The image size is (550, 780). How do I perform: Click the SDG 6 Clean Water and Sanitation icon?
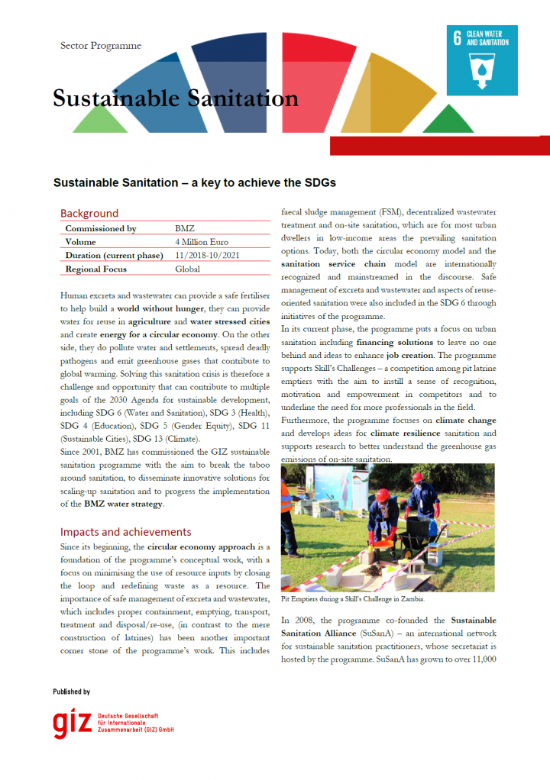tap(482, 59)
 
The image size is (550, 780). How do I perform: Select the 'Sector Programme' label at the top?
tap(101, 46)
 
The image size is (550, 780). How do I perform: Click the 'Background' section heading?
tap(89, 213)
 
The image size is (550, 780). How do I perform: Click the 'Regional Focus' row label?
tap(96, 269)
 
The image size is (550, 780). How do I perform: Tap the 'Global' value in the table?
tap(187, 269)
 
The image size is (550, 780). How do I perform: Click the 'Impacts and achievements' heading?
tap(126, 532)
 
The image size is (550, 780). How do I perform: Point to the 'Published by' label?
tap(72, 691)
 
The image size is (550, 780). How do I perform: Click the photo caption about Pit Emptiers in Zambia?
tap(353, 599)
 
